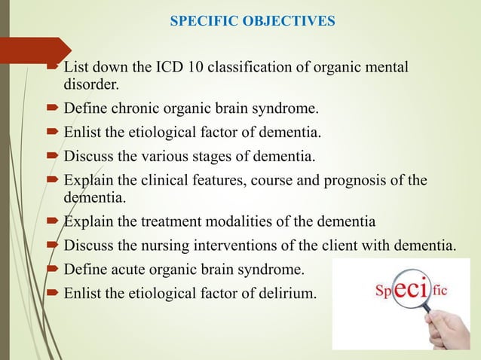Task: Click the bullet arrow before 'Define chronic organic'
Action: [54, 110]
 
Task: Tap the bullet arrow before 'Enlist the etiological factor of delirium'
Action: [54, 293]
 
